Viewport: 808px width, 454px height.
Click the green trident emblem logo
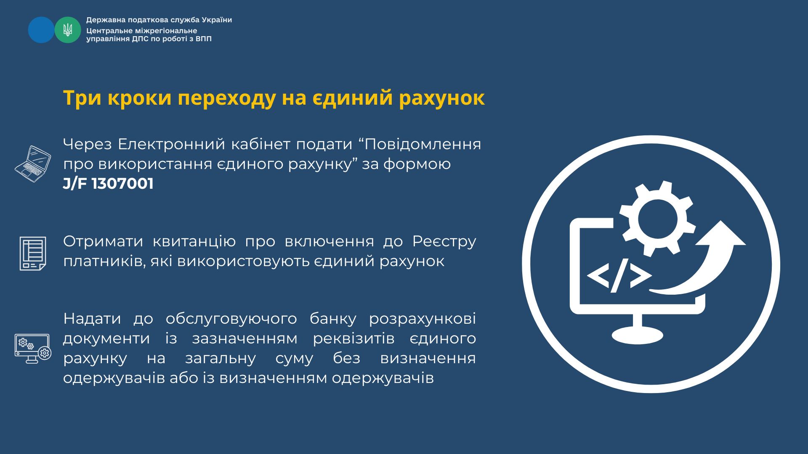[68, 30]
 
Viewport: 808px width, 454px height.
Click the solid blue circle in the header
[41, 30]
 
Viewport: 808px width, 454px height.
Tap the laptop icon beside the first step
[33, 164]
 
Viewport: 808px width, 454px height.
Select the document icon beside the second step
[33, 253]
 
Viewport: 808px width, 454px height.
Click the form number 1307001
[122, 184]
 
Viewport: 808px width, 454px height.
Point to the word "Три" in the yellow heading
[82, 98]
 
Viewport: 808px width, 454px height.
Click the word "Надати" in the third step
[92, 319]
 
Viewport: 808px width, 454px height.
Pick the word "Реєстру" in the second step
[444, 242]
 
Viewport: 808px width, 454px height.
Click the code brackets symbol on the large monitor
[619, 275]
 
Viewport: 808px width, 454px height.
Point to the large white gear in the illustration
[657, 219]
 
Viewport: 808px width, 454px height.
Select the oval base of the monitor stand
[637, 335]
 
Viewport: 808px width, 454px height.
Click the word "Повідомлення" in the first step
[423, 144]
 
